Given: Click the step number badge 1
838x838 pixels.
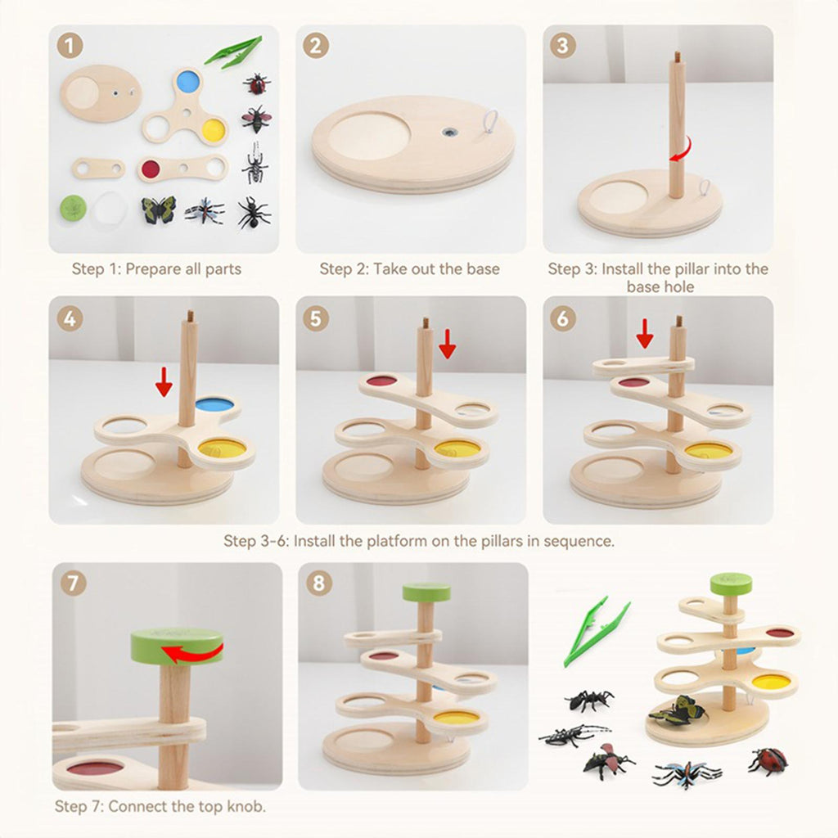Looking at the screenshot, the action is (70, 46).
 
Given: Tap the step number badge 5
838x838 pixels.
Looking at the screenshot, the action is (317, 319).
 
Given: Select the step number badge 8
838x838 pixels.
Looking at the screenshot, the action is (319, 583).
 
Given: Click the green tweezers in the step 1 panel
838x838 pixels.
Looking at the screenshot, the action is (233, 52).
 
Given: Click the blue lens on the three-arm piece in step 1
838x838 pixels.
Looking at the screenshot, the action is (187, 81).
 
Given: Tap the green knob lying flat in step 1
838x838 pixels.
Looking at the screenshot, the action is (73, 207).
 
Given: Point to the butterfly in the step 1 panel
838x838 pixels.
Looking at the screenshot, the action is (158, 209).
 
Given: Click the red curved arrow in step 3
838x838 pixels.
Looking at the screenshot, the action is (682, 151).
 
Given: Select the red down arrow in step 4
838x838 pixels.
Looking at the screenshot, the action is (164, 381).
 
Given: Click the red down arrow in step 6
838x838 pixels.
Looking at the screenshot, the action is (645, 334).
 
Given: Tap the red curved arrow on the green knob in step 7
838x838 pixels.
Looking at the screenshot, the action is (192, 652).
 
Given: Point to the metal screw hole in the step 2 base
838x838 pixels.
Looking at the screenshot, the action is (450, 132).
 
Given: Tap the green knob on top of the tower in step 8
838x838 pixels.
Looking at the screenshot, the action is (426, 592).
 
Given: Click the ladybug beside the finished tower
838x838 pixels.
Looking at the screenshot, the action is (768, 761).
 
